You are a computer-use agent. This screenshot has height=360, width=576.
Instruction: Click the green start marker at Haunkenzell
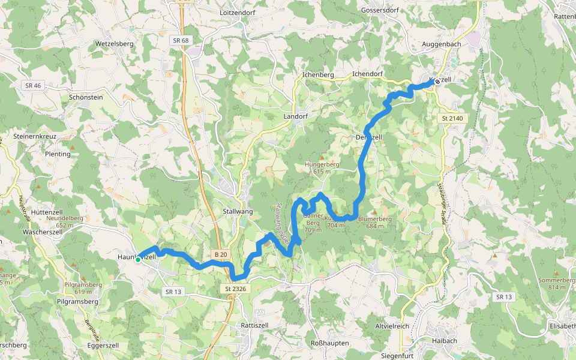tap(138, 260)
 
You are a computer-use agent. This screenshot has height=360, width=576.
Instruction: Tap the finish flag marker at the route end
tap(437, 81)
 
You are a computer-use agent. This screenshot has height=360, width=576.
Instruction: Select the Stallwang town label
tap(238, 212)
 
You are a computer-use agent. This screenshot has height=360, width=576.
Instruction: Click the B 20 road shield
tap(220, 255)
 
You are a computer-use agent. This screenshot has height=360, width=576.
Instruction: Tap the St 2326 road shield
tap(236, 289)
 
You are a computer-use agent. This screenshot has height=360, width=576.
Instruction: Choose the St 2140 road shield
tap(452, 118)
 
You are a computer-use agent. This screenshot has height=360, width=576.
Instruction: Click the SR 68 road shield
tap(180, 40)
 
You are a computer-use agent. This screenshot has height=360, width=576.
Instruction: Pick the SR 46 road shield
tap(33, 86)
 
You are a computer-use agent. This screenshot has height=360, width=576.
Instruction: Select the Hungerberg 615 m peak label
tap(322, 167)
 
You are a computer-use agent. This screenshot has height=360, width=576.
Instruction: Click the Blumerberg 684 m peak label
tap(375, 222)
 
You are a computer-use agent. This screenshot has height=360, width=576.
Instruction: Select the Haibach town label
tap(444, 340)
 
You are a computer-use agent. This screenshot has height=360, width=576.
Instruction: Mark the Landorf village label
tap(295, 116)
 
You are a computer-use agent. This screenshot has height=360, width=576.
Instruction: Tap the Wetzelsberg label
tap(114, 44)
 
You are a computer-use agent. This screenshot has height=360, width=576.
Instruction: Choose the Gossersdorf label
tap(381, 11)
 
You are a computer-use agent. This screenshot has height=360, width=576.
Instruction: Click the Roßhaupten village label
tap(329, 343)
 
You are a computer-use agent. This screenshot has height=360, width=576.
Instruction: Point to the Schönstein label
tap(86, 97)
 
